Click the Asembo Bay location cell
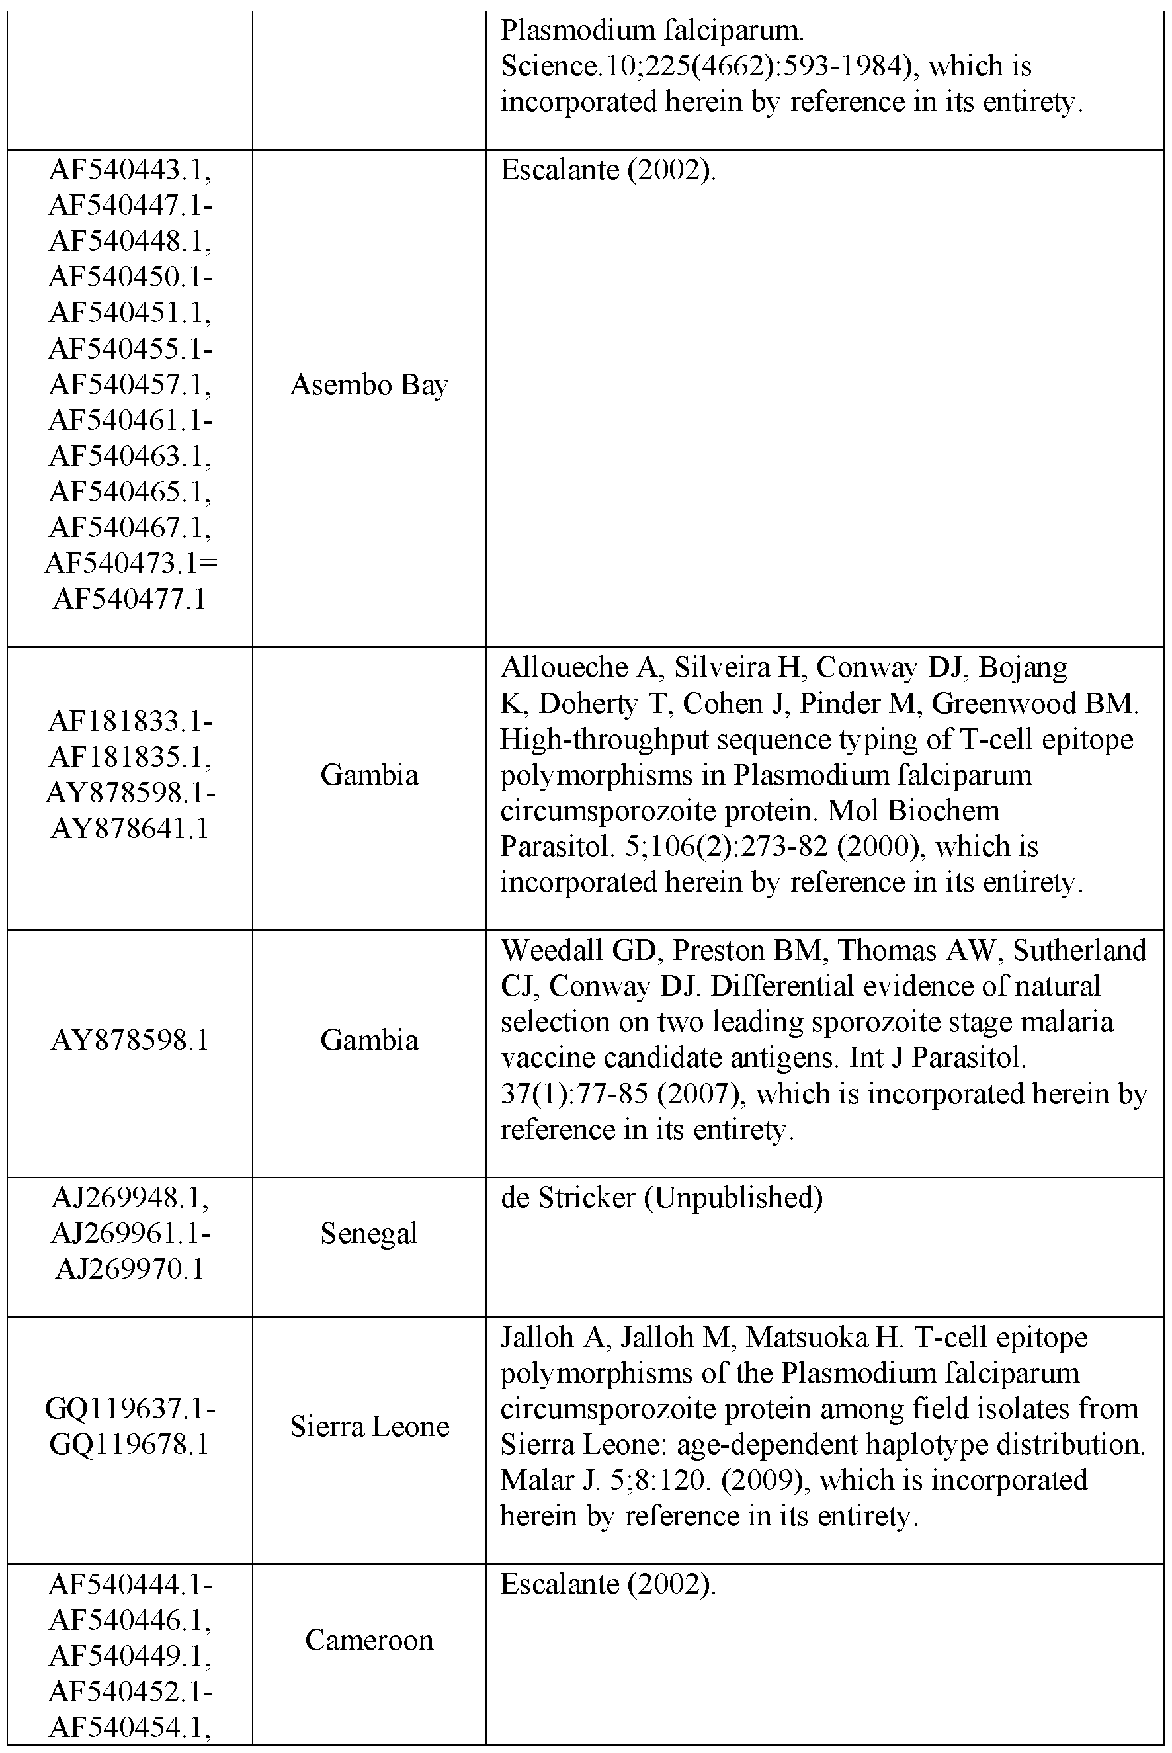pyautogui.click(x=368, y=385)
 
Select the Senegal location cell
pyautogui.click(x=368, y=1234)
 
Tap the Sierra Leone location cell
pyautogui.click(x=369, y=1426)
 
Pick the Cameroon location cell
pyautogui.click(x=369, y=1640)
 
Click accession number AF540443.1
pyautogui.click(x=130, y=171)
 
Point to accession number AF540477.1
pyautogui.click(x=130, y=599)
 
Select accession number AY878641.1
pyautogui.click(x=130, y=828)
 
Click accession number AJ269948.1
pyautogui.click(x=130, y=1197)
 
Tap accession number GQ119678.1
pyautogui.click(x=130, y=1444)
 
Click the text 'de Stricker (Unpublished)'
pyautogui.click(x=661, y=1197)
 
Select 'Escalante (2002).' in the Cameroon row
pyautogui.click(x=608, y=1583)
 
